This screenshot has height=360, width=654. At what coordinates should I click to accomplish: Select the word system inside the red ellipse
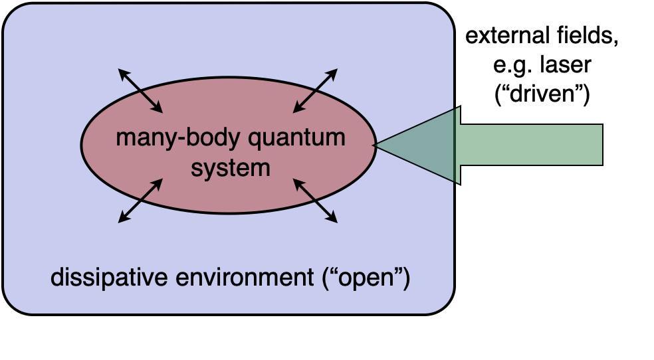[x=231, y=167]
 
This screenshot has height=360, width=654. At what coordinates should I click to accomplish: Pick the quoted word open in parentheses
[x=365, y=278]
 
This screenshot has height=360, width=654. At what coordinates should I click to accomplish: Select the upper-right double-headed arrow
[x=316, y=90]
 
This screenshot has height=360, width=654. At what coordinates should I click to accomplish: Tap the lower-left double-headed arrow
[x=140, y=201]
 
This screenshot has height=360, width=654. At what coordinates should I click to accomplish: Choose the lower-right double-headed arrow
[x=316, y=201]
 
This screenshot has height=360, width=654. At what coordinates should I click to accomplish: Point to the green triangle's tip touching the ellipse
[x=376, y=145]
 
